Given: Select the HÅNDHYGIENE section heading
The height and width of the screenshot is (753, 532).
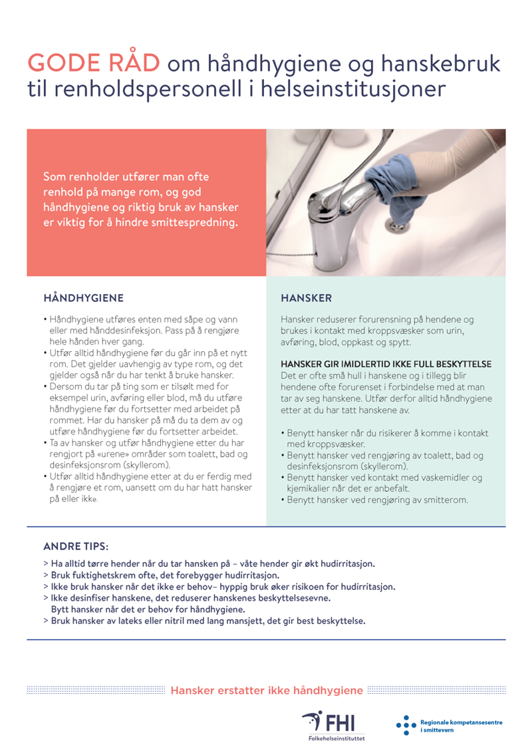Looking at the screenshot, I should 83,297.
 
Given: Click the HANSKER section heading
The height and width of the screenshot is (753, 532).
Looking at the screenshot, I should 306,297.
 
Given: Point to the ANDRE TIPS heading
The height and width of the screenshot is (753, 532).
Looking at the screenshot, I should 76,547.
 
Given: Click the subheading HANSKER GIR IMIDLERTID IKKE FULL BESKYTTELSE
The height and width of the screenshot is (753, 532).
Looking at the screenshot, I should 386,364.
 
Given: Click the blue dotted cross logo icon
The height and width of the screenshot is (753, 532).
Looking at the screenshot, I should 404,725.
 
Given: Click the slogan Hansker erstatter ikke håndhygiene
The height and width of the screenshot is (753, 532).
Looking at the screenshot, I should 267,690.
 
